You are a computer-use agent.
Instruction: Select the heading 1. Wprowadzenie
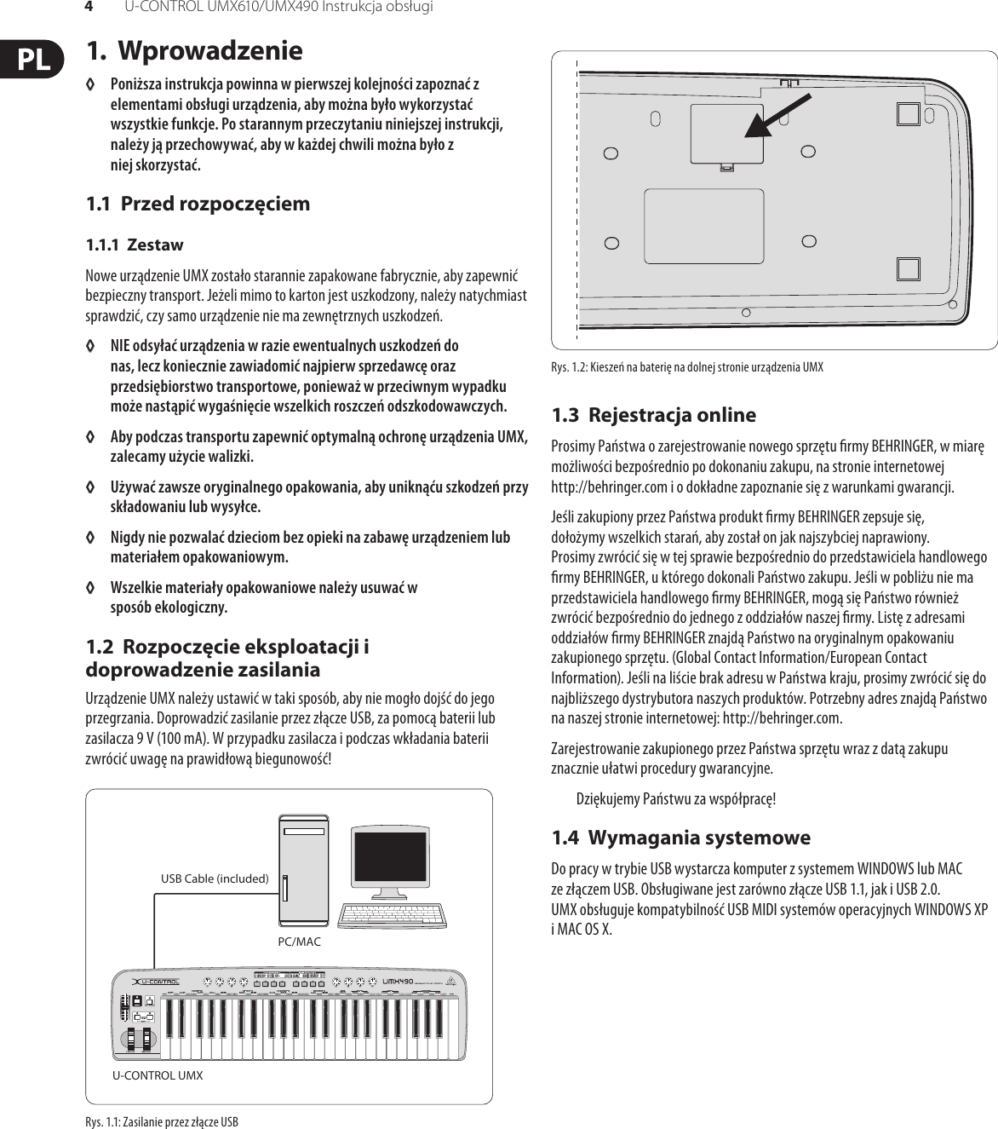pyautogui.click(x=194, y=50)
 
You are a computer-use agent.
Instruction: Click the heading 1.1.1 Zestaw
pyautogui.click(x=135, y=245)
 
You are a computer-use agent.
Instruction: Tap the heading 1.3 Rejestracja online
pyautogui.click(x=653, y=415)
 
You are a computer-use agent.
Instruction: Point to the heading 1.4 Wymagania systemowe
pyautogui.click(x=680, y=838)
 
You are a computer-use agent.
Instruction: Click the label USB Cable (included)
pyautogui.click(x=215, y=878)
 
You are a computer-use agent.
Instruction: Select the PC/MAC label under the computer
pyautogui.click(x=300, y=942)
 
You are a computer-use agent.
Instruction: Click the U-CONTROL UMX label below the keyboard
pyautogui.click(x=158, y=1075)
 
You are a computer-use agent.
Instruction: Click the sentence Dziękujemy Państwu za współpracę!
pyautogui.click(x=676, y=799)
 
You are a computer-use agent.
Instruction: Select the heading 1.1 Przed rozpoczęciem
pyautogui.click(x=198, y=204)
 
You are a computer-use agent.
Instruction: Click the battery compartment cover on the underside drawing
pyautogui.click(x=726, y=134)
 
